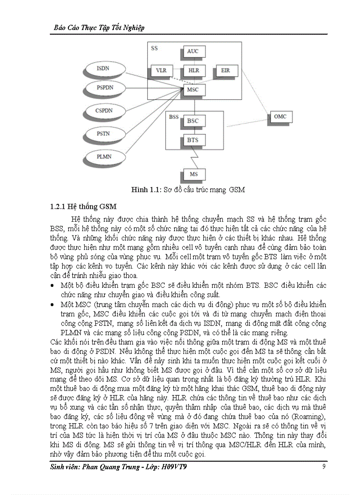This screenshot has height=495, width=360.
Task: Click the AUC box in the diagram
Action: pyautogui.click(x=193, y=52)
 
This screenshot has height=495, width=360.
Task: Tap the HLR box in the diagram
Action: pyautogui.click(x=193, y=71)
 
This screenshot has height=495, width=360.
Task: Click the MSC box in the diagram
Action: pyautogui.click(x=193, y=90)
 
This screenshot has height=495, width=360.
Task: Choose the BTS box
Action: pyautogui.click(x=193, y=141)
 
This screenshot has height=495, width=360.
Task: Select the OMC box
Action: pyautogui.click(x=280, y=117)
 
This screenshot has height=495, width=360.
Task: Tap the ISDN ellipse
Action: pyautogui.click(x=103, y=68)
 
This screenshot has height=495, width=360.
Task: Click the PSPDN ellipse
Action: pyautogui.click(x=105, y=88)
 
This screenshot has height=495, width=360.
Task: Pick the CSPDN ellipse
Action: pyautogui.click(x=104, y=110)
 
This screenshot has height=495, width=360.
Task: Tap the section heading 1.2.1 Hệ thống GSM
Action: pyautogui.click(x=83, y=207)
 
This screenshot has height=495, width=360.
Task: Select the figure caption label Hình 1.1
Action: pyautogui.click(x=144, y=190)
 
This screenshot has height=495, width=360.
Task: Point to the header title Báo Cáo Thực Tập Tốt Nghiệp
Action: pyautogui.click(x=99, y=27)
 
